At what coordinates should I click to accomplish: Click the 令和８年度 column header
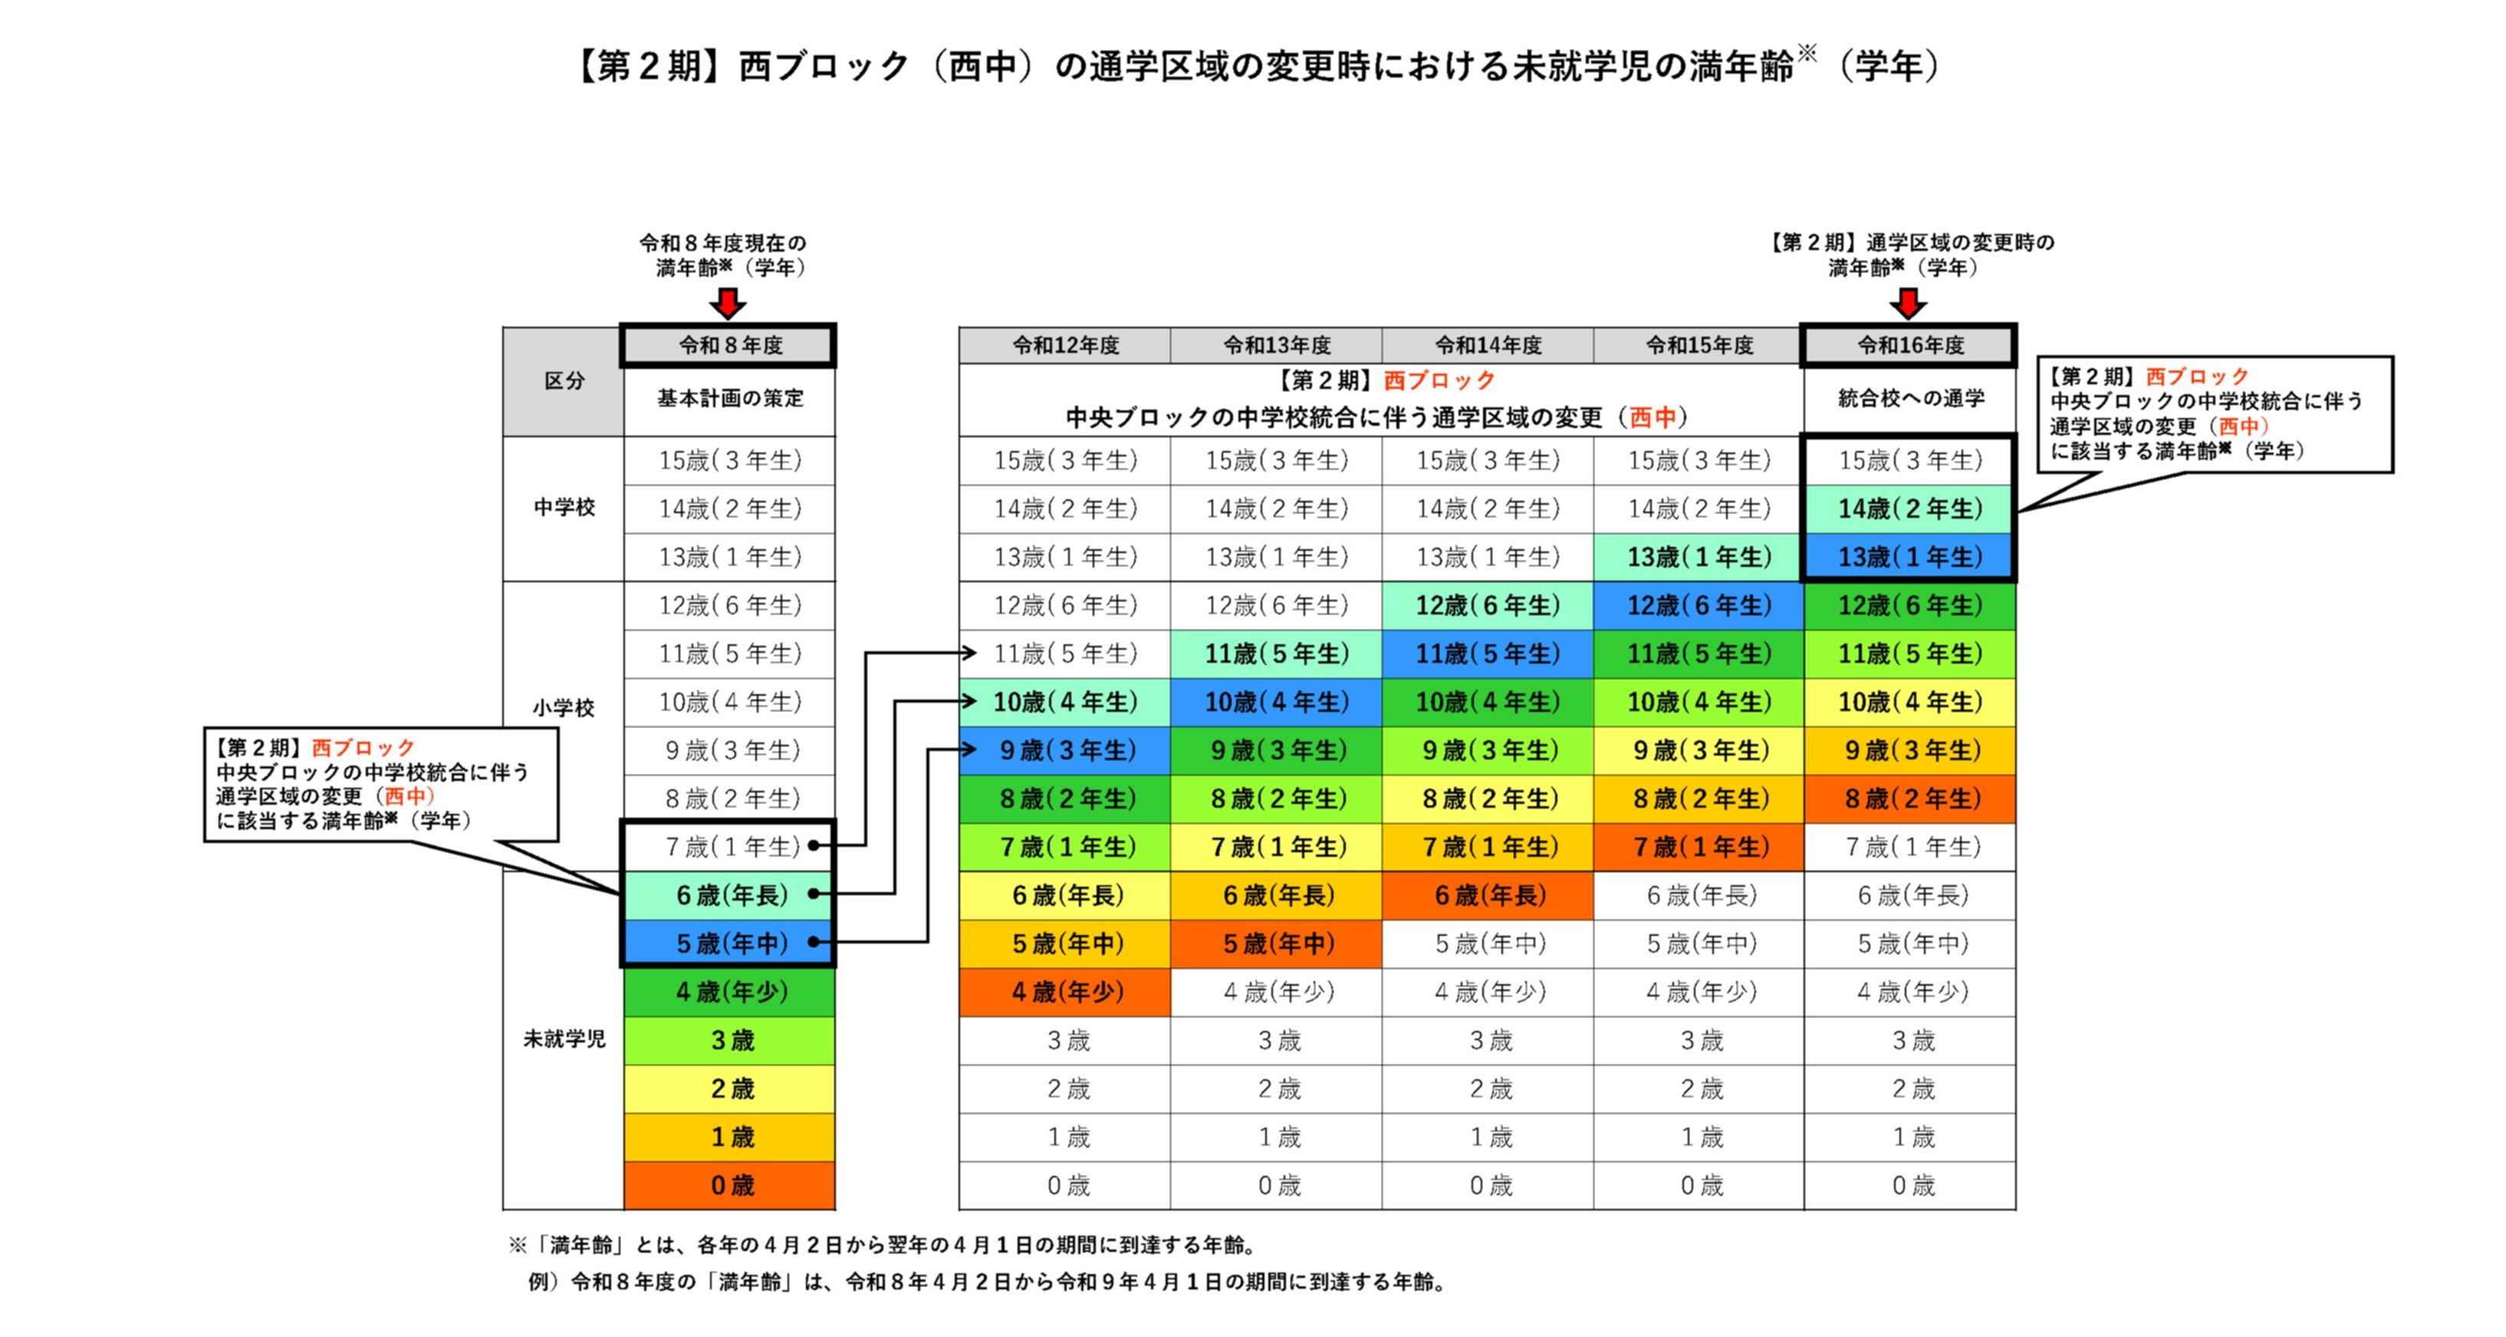click(x=728, y=345)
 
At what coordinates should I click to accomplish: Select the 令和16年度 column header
click(x=1909, y=345)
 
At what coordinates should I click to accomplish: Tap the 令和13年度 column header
click(x=1275, y=345)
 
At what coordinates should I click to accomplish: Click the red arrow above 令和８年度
click(x=728, y=303)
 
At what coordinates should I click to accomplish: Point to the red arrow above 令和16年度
click(x=1908, y=303)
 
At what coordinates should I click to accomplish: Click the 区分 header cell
click(x=564, y=381)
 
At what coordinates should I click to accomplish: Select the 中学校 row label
click(x=564, y=507)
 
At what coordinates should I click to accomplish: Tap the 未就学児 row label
click(x=564, y=1039)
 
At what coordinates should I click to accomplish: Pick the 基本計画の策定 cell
click(x=729, y=399)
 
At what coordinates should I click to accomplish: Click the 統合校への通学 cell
click(x=1909, y=399)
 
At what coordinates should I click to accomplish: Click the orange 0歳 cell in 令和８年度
click(x=729, y=1185)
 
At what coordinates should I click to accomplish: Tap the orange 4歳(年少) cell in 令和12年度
click(x=1065, y=992)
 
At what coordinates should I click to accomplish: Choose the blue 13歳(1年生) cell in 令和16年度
click(x=1909, y=557)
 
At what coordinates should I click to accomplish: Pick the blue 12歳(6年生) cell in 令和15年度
click(x=1699, y=605)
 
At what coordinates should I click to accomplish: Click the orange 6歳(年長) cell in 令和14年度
click(x=1488, y=895)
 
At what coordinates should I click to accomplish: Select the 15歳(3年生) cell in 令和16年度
click(x=1909, y=460)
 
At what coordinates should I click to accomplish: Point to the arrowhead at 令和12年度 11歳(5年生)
click(x=969, y=653)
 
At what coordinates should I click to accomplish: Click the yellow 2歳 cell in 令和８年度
click(x=729, y=1088)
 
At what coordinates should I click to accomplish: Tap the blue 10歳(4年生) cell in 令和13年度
click(x=1275, y=702)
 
